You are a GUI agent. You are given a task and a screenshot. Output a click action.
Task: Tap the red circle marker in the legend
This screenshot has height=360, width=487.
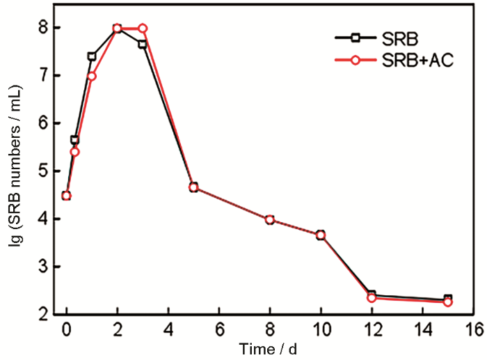point(354,61)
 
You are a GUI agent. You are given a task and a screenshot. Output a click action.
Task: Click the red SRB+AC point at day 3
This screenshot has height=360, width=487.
point(143,29)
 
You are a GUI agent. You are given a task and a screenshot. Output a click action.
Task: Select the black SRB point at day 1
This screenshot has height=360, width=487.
point(92,56)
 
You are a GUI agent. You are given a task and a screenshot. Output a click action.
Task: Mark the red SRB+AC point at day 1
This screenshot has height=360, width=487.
point(92,76)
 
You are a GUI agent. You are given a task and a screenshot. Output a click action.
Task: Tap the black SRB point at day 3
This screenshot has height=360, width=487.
point(143,44)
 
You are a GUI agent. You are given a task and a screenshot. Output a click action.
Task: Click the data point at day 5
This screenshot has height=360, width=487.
point(193,187)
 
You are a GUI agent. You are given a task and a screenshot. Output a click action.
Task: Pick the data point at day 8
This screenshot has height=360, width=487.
point(270,220)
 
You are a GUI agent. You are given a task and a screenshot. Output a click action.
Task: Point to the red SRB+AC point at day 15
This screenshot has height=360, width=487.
point(448,302)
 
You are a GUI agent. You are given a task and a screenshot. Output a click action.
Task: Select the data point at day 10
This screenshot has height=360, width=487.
point(321,235)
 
